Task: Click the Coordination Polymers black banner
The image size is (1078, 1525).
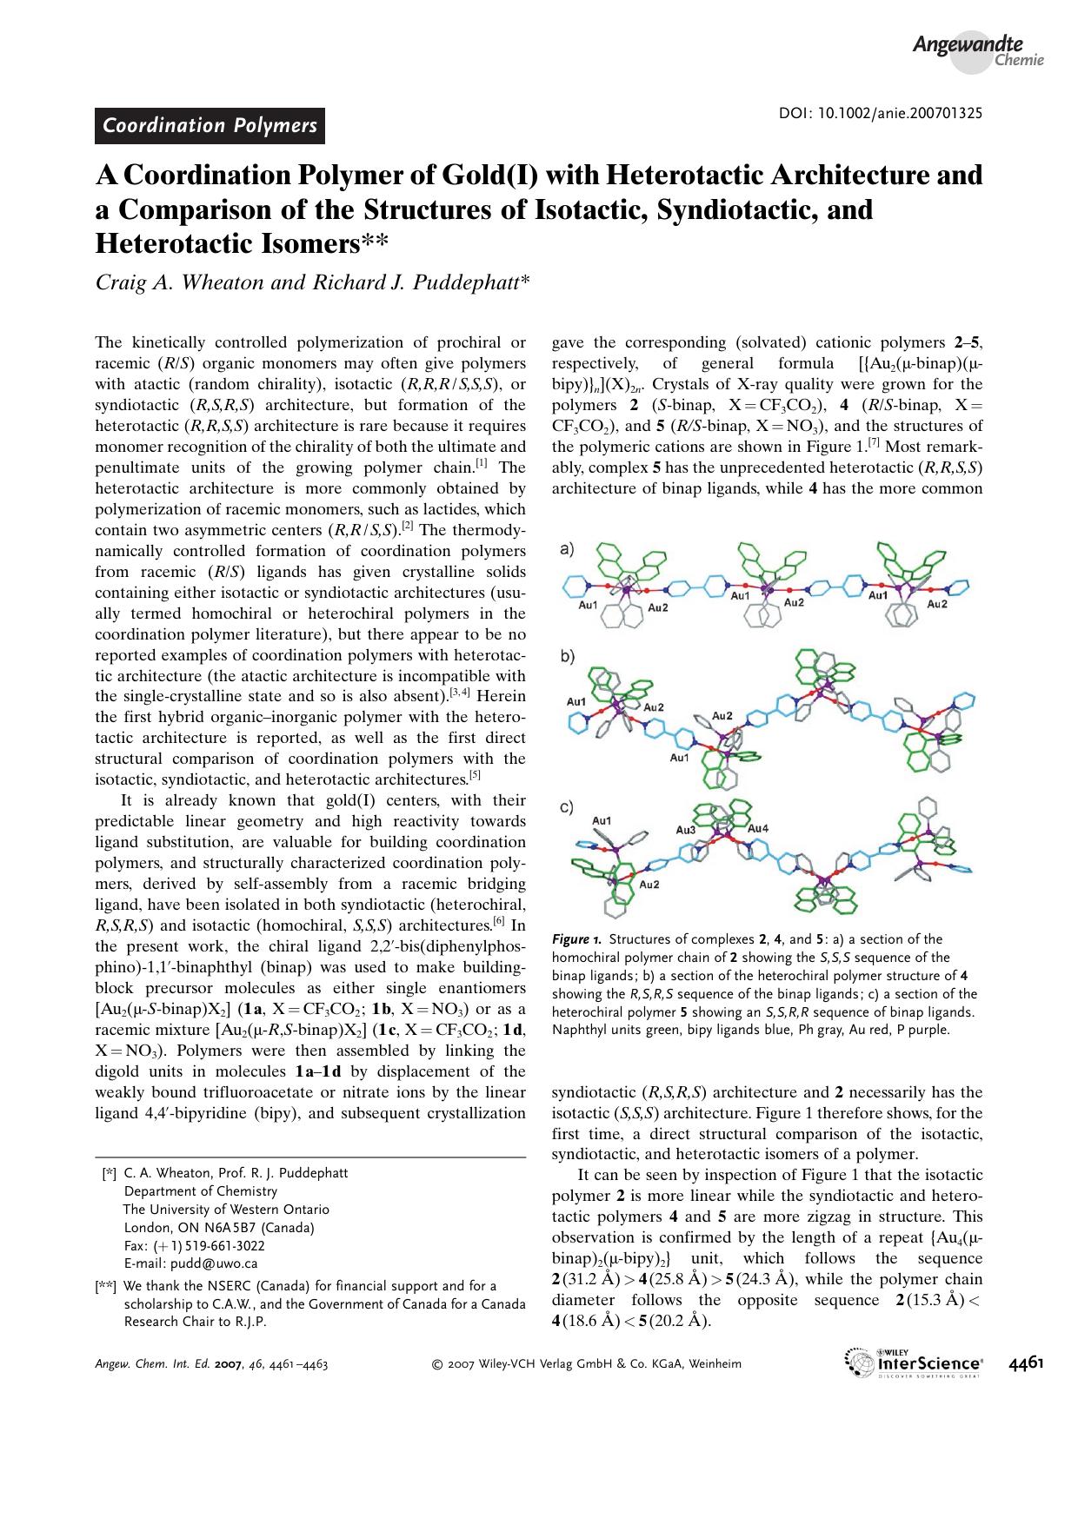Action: (210, 126)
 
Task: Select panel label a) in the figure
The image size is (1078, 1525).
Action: (566, 549)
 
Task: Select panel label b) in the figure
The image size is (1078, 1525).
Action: (567, 658)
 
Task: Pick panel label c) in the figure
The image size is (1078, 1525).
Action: (566, 807)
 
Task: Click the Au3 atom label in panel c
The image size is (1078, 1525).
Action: (686, 830)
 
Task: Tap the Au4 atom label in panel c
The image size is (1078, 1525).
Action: (757, 828)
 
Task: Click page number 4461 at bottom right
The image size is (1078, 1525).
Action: (1026, 1363)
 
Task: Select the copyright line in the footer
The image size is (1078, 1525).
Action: (587, 1363)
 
